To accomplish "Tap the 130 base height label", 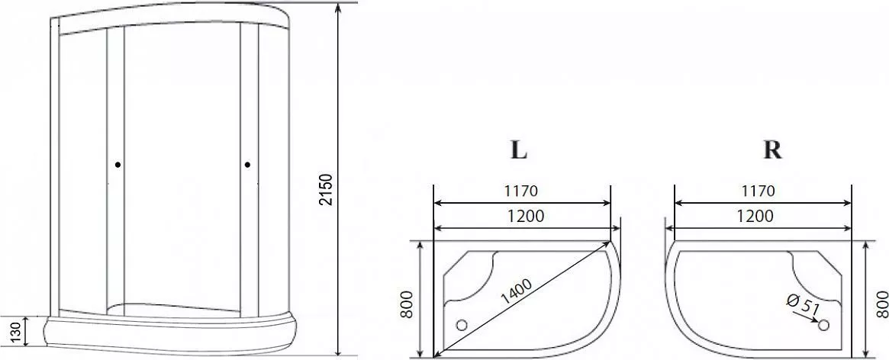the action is [17, 330].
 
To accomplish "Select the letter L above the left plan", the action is [520, 149].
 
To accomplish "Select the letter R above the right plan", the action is [773, 149].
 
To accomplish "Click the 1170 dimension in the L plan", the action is [520, 191].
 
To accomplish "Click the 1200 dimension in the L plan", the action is [525, 216].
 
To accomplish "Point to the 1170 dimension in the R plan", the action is [758, 191].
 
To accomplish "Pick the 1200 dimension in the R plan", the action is [755, 216].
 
